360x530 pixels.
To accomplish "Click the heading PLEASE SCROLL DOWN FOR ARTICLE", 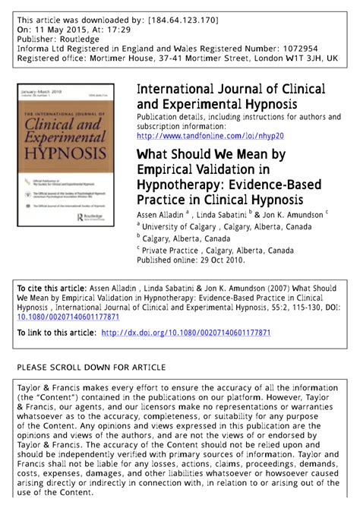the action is [91, 368].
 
